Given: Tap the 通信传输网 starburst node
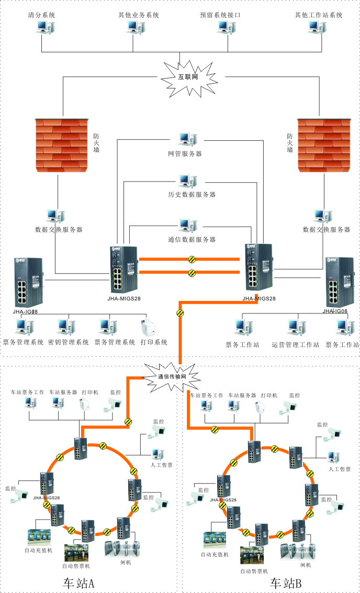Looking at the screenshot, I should pyautogui.click(x=179, y=376).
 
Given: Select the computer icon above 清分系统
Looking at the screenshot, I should pyautogui.click(x=42, y=28).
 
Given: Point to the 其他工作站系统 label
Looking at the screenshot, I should pyautogui.click(x=319, y=15).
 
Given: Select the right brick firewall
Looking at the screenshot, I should pyautogui.click(x=322, y=144).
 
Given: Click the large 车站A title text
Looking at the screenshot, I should pyautogui.click(x=78, y=583).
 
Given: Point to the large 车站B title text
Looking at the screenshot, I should pyautogui.click(x=285, y=583).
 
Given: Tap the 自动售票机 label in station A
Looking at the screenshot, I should pyautogui.click(x=76, y=566).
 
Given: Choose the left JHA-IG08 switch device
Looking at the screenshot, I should pyautogui.click(x=29, y=283).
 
